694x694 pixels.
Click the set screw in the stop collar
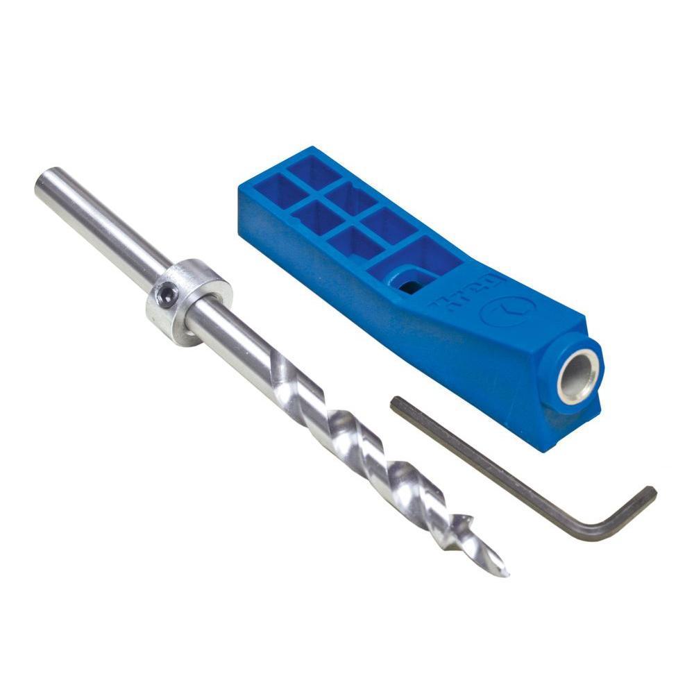pos(164,297)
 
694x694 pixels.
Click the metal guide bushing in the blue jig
pos(579,376)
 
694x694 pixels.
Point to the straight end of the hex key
pos(396,403)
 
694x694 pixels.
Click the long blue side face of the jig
pos(416,347)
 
